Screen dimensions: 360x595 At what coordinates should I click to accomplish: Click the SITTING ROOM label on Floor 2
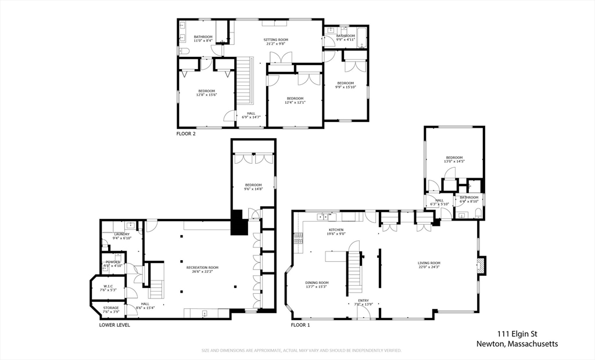[277, 40]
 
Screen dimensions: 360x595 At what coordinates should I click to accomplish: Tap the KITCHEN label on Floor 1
[336, 230]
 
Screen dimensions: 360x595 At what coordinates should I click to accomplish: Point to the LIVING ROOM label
[429, 263]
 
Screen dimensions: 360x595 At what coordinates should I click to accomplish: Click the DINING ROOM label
[317, 283]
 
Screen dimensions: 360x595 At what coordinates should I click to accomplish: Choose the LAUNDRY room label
[122, 234]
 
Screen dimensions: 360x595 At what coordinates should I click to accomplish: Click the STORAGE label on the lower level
[110, 308]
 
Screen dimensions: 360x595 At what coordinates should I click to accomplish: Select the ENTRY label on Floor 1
[363, 301]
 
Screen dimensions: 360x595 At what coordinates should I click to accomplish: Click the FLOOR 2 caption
[186, 134]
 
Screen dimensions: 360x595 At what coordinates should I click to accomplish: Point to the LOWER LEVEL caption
[114, 325]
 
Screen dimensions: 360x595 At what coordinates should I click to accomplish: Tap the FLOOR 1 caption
[300, 325]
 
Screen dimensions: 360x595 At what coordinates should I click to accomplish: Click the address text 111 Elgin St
[521, 334]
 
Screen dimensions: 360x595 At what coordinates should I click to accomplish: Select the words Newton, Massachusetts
[517, 344]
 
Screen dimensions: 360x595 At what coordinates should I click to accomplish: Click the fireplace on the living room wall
[481, 266]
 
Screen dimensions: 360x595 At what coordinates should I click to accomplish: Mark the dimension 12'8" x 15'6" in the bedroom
[206, 95]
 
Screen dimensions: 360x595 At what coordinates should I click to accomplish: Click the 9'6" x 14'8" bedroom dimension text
[253, 189]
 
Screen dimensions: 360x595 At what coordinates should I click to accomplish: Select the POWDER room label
[112, 262]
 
